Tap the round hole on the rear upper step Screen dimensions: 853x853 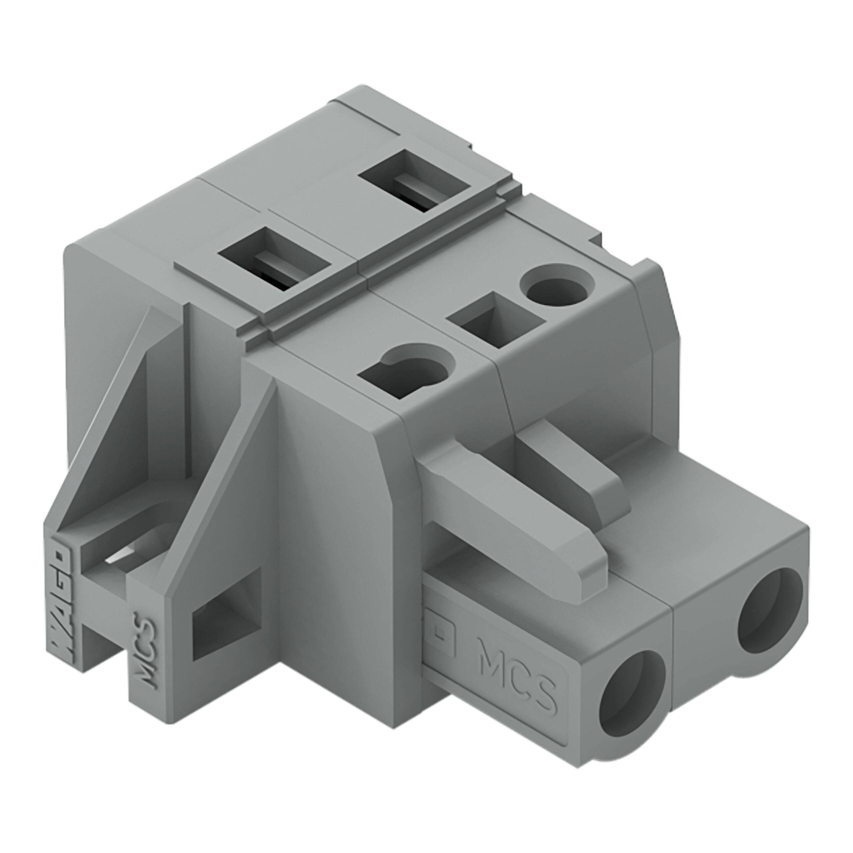point(557,285)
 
